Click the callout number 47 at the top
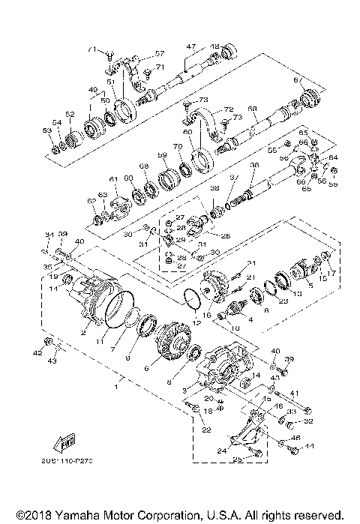pos(191,46)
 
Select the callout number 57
pos(159,54)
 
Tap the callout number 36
pos(255,166)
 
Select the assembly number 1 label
pos(115,388)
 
